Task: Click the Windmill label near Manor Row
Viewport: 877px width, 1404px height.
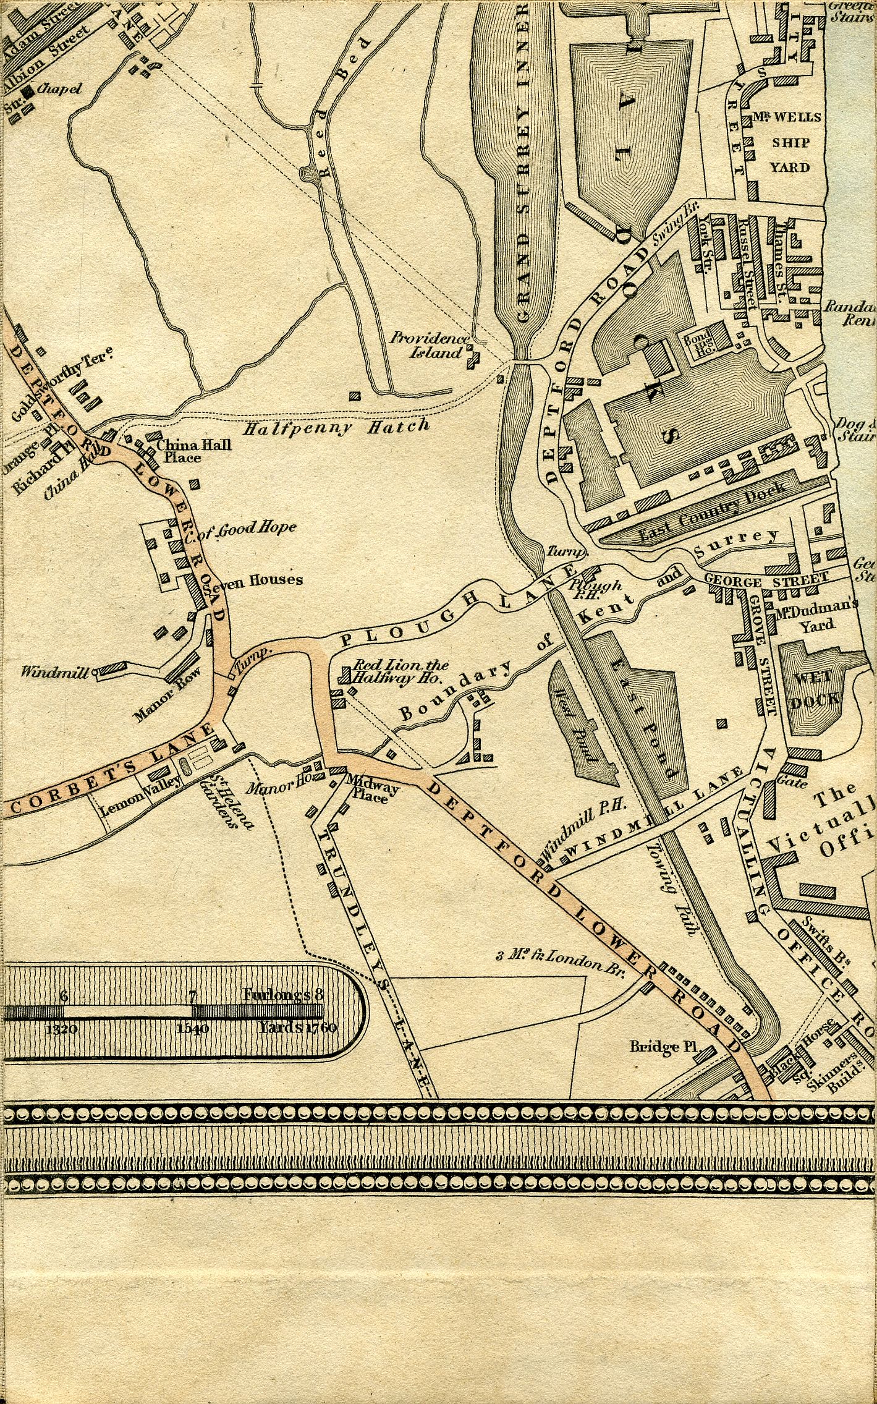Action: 57,671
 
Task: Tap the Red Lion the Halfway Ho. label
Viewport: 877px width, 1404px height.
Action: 399,671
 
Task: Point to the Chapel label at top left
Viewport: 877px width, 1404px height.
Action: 59,89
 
